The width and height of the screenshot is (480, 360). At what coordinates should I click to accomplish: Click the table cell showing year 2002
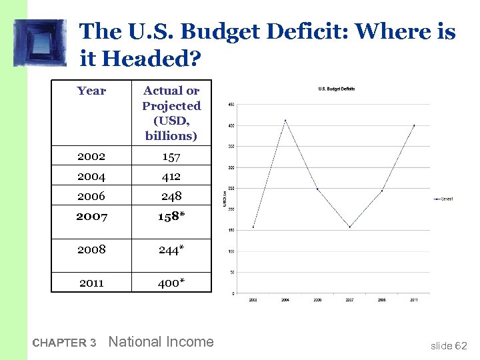91,156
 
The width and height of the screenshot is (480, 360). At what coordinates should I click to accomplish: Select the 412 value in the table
171,176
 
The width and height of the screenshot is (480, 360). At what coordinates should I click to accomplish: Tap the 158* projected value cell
171,217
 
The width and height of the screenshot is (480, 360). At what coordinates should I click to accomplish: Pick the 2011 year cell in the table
91,283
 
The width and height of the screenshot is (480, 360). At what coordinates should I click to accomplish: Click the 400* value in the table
171,283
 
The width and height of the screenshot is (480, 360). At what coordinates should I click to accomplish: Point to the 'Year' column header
91,91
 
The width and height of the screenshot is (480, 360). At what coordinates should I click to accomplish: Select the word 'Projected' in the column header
171,106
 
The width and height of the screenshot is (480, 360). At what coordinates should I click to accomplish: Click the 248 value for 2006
171,196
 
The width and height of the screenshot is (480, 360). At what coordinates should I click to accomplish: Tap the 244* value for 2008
171,249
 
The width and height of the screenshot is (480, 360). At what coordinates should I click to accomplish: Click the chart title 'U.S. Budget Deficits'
337,89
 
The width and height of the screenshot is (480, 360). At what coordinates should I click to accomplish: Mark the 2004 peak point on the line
285,120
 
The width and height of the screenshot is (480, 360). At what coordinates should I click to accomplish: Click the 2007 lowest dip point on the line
349,227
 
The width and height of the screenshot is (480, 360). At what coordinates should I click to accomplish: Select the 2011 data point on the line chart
414,125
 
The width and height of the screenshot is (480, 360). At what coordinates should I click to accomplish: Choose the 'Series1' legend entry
445,199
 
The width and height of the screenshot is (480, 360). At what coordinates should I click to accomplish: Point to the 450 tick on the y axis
231,104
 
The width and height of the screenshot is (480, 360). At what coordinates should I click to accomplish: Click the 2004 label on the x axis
285,301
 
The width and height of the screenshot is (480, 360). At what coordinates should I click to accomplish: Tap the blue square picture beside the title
40,43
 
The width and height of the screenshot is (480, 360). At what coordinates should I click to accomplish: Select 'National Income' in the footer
161,342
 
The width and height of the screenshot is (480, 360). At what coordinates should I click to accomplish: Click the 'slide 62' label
449,345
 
